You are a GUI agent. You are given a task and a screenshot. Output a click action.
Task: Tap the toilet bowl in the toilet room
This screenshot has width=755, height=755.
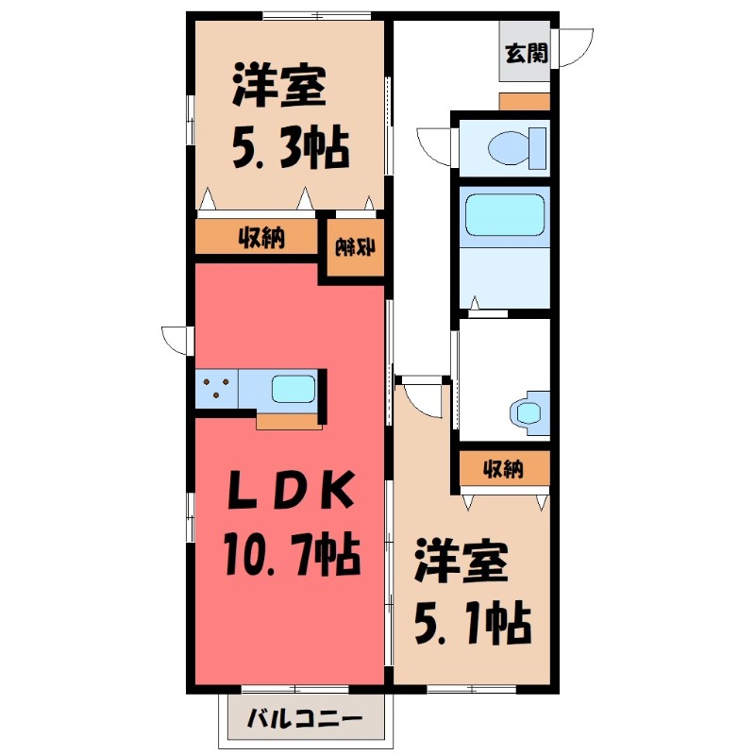[513, 147]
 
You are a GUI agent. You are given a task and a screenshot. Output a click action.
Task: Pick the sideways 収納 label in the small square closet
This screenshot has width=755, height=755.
[356, 248]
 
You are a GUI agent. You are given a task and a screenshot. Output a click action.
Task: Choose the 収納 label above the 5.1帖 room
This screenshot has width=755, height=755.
[503, 467]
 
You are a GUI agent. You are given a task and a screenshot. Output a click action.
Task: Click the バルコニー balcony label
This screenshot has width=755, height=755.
[304, 720]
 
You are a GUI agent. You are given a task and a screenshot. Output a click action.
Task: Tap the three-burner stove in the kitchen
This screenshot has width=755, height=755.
[217, 388]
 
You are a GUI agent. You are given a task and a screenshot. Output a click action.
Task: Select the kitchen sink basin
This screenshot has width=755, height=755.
[293, 388]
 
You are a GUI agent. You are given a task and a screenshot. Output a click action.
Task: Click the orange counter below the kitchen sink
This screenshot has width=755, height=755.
[290, 421]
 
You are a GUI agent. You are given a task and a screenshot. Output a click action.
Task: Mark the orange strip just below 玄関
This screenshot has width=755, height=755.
[524, 102]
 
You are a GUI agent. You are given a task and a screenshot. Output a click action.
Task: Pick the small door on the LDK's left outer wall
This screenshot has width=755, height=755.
[176, 339]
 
